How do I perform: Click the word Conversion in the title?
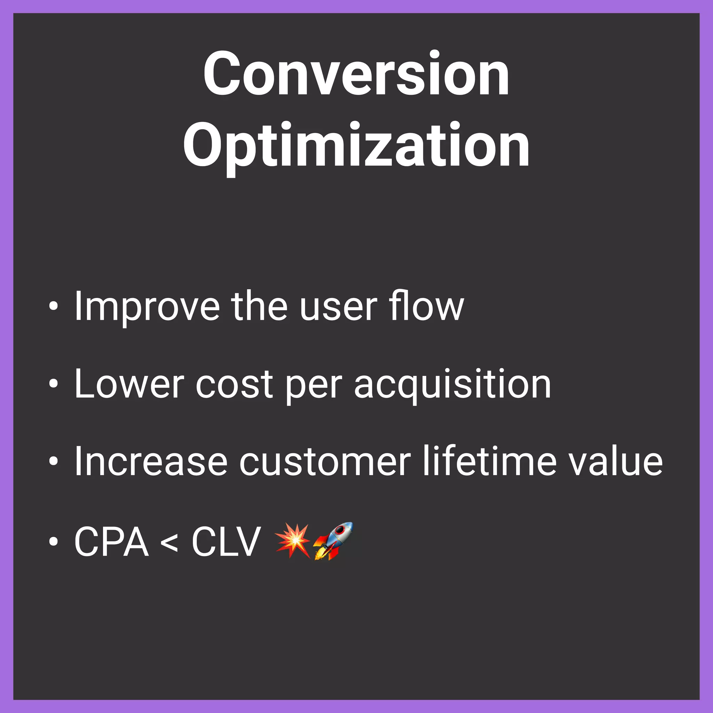click(356, 74)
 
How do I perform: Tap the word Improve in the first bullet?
click(147, 307)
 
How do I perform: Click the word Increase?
click(150, 462)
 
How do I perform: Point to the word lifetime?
click(489, 461)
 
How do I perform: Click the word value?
click(615, 462)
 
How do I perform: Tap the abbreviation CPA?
click(111, 541)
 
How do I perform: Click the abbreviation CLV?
click(226, 541)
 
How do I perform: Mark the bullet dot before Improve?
click(54, 306)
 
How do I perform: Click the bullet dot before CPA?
click(54, 541)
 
